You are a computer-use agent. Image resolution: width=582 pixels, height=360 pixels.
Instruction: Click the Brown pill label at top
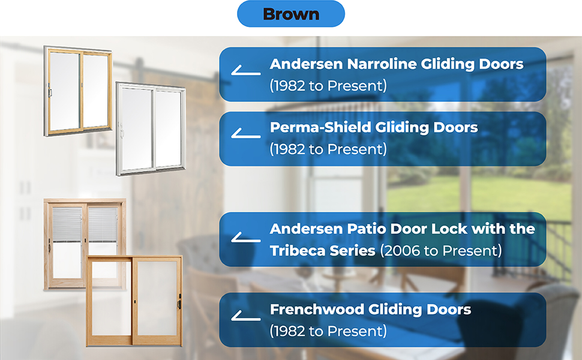[x=291, y=14]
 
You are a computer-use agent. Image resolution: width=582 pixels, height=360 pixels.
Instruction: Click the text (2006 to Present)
[x=441, y=251]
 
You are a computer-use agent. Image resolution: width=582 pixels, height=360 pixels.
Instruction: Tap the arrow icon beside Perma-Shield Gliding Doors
[x=245, y=136]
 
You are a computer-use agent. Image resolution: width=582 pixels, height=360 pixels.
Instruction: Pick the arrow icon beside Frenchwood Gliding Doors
[x=245, y=317]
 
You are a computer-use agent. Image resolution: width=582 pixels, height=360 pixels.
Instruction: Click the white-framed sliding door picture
[x=151, y=129]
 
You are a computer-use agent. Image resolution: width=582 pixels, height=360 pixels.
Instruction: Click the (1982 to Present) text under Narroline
[x=328, y=85]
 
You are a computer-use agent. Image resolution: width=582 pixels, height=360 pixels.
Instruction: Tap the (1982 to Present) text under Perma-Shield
[x=328, y=149]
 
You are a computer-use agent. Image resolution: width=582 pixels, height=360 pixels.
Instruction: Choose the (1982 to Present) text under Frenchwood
[x=328, y=331]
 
